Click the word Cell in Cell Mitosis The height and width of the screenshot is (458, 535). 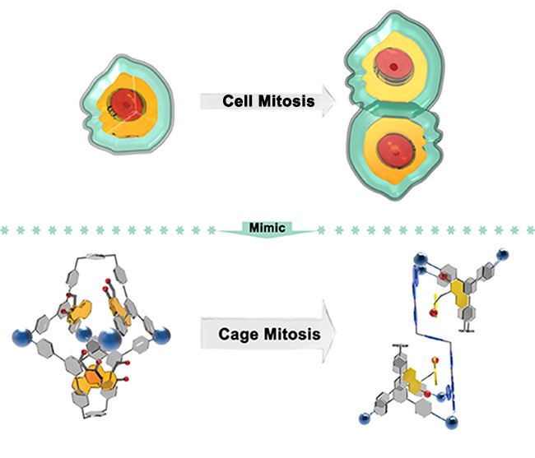point(238,101)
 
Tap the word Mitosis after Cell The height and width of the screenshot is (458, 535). point(286,101)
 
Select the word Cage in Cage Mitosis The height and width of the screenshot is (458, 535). point(239,335)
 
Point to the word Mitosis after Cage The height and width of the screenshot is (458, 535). point(292,334)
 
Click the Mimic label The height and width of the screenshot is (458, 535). point(267,227)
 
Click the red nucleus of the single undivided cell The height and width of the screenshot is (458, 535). point(126,104)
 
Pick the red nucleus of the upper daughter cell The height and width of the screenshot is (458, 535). point(393,67)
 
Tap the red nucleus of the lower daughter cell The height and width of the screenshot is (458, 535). point(395,150)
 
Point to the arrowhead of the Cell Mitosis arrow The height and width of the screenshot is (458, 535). point(329,101)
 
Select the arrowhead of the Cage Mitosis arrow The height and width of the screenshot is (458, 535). point(329,331)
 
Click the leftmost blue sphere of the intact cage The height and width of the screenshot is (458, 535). point(22,336)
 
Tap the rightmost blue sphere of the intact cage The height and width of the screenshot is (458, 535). point(161,335)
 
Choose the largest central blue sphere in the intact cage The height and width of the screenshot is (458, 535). point(109,340)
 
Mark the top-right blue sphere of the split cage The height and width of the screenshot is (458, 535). point(502,255)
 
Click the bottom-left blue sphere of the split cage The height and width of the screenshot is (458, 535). point(365,419)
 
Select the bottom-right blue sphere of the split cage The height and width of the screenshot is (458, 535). point(452,422)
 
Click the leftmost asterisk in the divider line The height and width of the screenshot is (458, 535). point(4,231)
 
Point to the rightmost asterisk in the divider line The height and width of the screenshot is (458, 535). point(531,231)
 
